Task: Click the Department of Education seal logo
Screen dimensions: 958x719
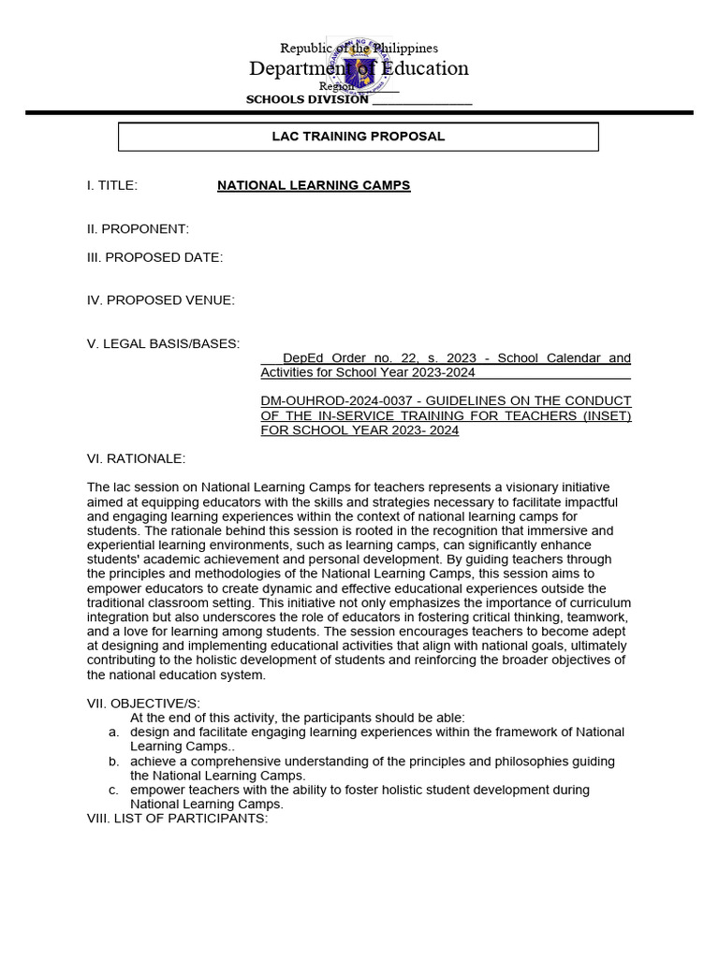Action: (358, 67)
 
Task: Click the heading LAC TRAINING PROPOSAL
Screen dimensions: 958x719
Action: (358, 137)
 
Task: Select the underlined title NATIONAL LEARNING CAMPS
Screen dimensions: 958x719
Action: (314, 185)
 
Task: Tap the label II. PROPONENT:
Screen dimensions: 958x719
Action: (138, 229)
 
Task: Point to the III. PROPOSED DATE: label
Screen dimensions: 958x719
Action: (154, 258)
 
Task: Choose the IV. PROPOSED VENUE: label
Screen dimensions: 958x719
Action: (160, 300)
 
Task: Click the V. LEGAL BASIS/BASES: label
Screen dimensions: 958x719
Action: (163, 343)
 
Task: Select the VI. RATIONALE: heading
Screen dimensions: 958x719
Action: (136, 458)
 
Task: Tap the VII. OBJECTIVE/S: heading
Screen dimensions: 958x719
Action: (143, 704)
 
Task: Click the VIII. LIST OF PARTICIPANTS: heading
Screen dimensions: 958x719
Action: (177, 819)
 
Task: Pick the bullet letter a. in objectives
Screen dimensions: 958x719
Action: (112, 733)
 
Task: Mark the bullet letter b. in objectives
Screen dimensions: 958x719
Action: (112, 762)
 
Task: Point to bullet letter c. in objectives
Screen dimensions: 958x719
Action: (112, 790)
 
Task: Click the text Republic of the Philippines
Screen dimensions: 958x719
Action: (359, 48)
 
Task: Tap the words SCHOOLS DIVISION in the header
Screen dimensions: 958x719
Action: (307, 100)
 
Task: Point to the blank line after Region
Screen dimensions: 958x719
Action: (377, 87)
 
